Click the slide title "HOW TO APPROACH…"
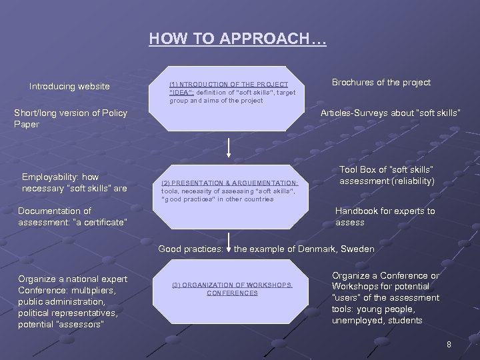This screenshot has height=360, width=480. [x=237, y=39]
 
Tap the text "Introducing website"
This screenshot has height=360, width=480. [x=69, y=86]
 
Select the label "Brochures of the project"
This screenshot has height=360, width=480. [x=381, y=83]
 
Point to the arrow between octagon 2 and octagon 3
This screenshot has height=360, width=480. [x=229, y=243]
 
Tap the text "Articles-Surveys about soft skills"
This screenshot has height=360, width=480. [x=390, y=113]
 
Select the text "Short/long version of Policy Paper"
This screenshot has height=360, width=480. [x=71, y=118]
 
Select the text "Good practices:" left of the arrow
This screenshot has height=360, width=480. [x=190, y=249]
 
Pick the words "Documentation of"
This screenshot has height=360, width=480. [x=55, y=211]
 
